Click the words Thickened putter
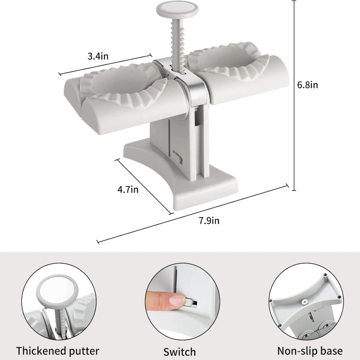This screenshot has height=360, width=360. (x=58, y=351)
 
